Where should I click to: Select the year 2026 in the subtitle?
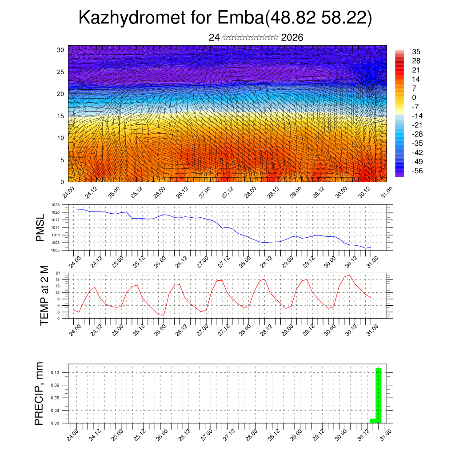[x=292, y=38]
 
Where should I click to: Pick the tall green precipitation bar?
[x=379, y=395]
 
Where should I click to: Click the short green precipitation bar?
[x=373, y=420]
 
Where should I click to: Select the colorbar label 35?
[x=416, y=52]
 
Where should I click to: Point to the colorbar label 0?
[x=414, y=97]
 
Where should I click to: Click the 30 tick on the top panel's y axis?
[x=60, y=50]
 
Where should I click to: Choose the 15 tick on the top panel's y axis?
[x=60, y=116]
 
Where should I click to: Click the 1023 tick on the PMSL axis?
[x=55, y=205]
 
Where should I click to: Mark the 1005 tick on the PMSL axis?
[x=55, y=250]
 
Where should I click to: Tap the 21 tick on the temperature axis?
[x=58, y=273]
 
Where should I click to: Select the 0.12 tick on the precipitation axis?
[x=55, y=372]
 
